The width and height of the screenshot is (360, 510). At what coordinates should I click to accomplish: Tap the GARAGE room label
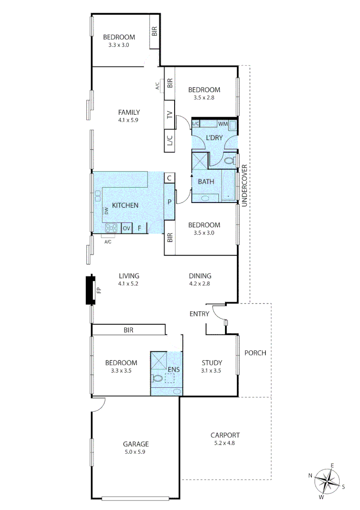click(x=136, y=444)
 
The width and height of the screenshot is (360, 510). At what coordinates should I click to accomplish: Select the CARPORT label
click(x=225, y=435)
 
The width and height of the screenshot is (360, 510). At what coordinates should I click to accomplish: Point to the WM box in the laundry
click(x=223, y=124)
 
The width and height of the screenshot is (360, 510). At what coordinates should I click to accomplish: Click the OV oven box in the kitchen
click(x=126, y=229)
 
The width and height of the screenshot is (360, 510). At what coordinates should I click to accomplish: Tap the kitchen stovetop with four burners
click(x=112, y=229)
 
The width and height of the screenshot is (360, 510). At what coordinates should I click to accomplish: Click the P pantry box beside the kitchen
click(x=169, y=201)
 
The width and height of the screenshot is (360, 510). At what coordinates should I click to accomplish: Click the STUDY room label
click(x=212, y=363)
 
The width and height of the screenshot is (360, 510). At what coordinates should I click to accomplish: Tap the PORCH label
click(x=255, y=353)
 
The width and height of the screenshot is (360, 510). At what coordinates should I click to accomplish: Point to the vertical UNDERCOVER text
click(x=244, y=186)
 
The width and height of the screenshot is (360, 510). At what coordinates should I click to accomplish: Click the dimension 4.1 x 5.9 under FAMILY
click(x=129, y=120)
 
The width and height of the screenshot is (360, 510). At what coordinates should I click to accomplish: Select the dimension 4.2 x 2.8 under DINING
click(x=200, y=284)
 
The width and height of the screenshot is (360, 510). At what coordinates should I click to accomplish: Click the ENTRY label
click(x=200, y=314)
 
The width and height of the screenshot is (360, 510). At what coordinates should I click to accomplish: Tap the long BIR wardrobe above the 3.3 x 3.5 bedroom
click(x=128, y=330)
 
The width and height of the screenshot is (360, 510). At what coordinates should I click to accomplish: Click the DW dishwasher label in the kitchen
click(x=107, y=212)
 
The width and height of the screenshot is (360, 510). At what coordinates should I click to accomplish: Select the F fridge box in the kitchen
click(x=140, y=229)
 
